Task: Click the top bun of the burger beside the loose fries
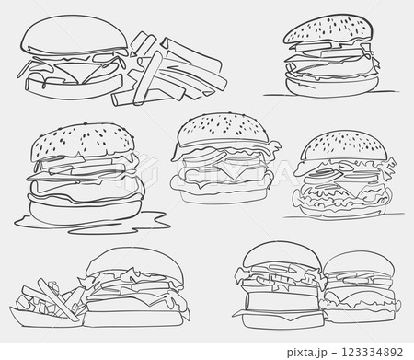73,36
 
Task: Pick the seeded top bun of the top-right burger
329,32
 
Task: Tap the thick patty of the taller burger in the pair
276,299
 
